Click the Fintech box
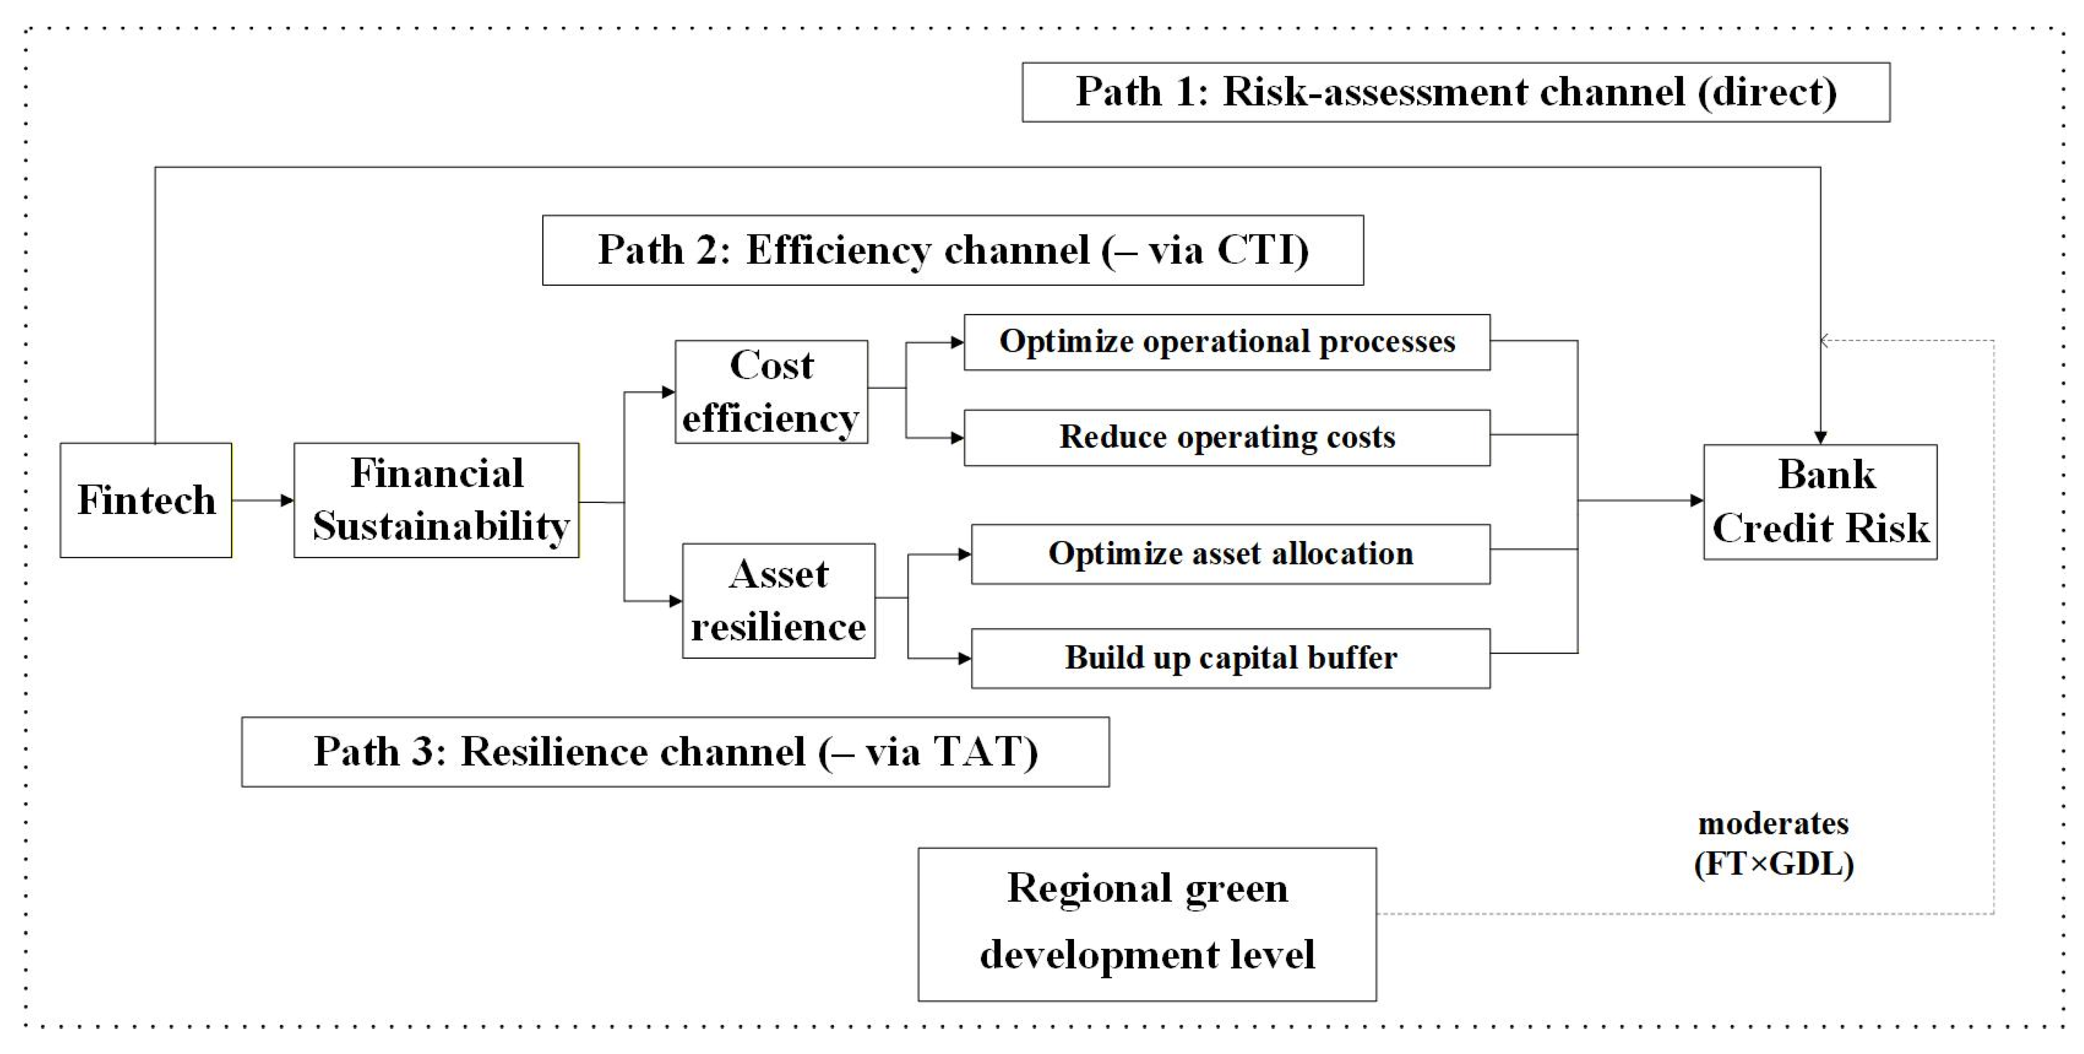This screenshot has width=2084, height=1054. (x=146, y=500)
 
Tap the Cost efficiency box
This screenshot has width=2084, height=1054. (x=771, y=391)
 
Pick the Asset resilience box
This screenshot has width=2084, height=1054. (x=778, y=600)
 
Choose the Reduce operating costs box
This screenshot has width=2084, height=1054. (x=1227, y=437)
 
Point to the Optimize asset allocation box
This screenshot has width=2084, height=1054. (x=1230, y=554)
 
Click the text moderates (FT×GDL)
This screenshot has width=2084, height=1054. (x=1773, y=844)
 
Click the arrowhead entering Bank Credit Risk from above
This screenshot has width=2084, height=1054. (x=1820, y=437)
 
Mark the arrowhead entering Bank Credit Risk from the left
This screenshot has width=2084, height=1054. (x=1697, y=501)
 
